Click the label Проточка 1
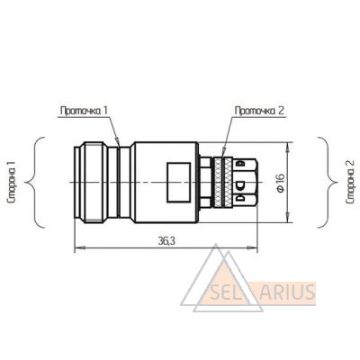[84, 111]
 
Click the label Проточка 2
[259, 111]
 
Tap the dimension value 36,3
[166, 241]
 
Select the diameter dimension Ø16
[281, 183]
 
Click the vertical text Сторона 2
[350, 183]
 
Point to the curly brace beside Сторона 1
[35, 183]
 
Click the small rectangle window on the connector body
[179, 182]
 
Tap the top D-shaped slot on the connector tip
[240, 164]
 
